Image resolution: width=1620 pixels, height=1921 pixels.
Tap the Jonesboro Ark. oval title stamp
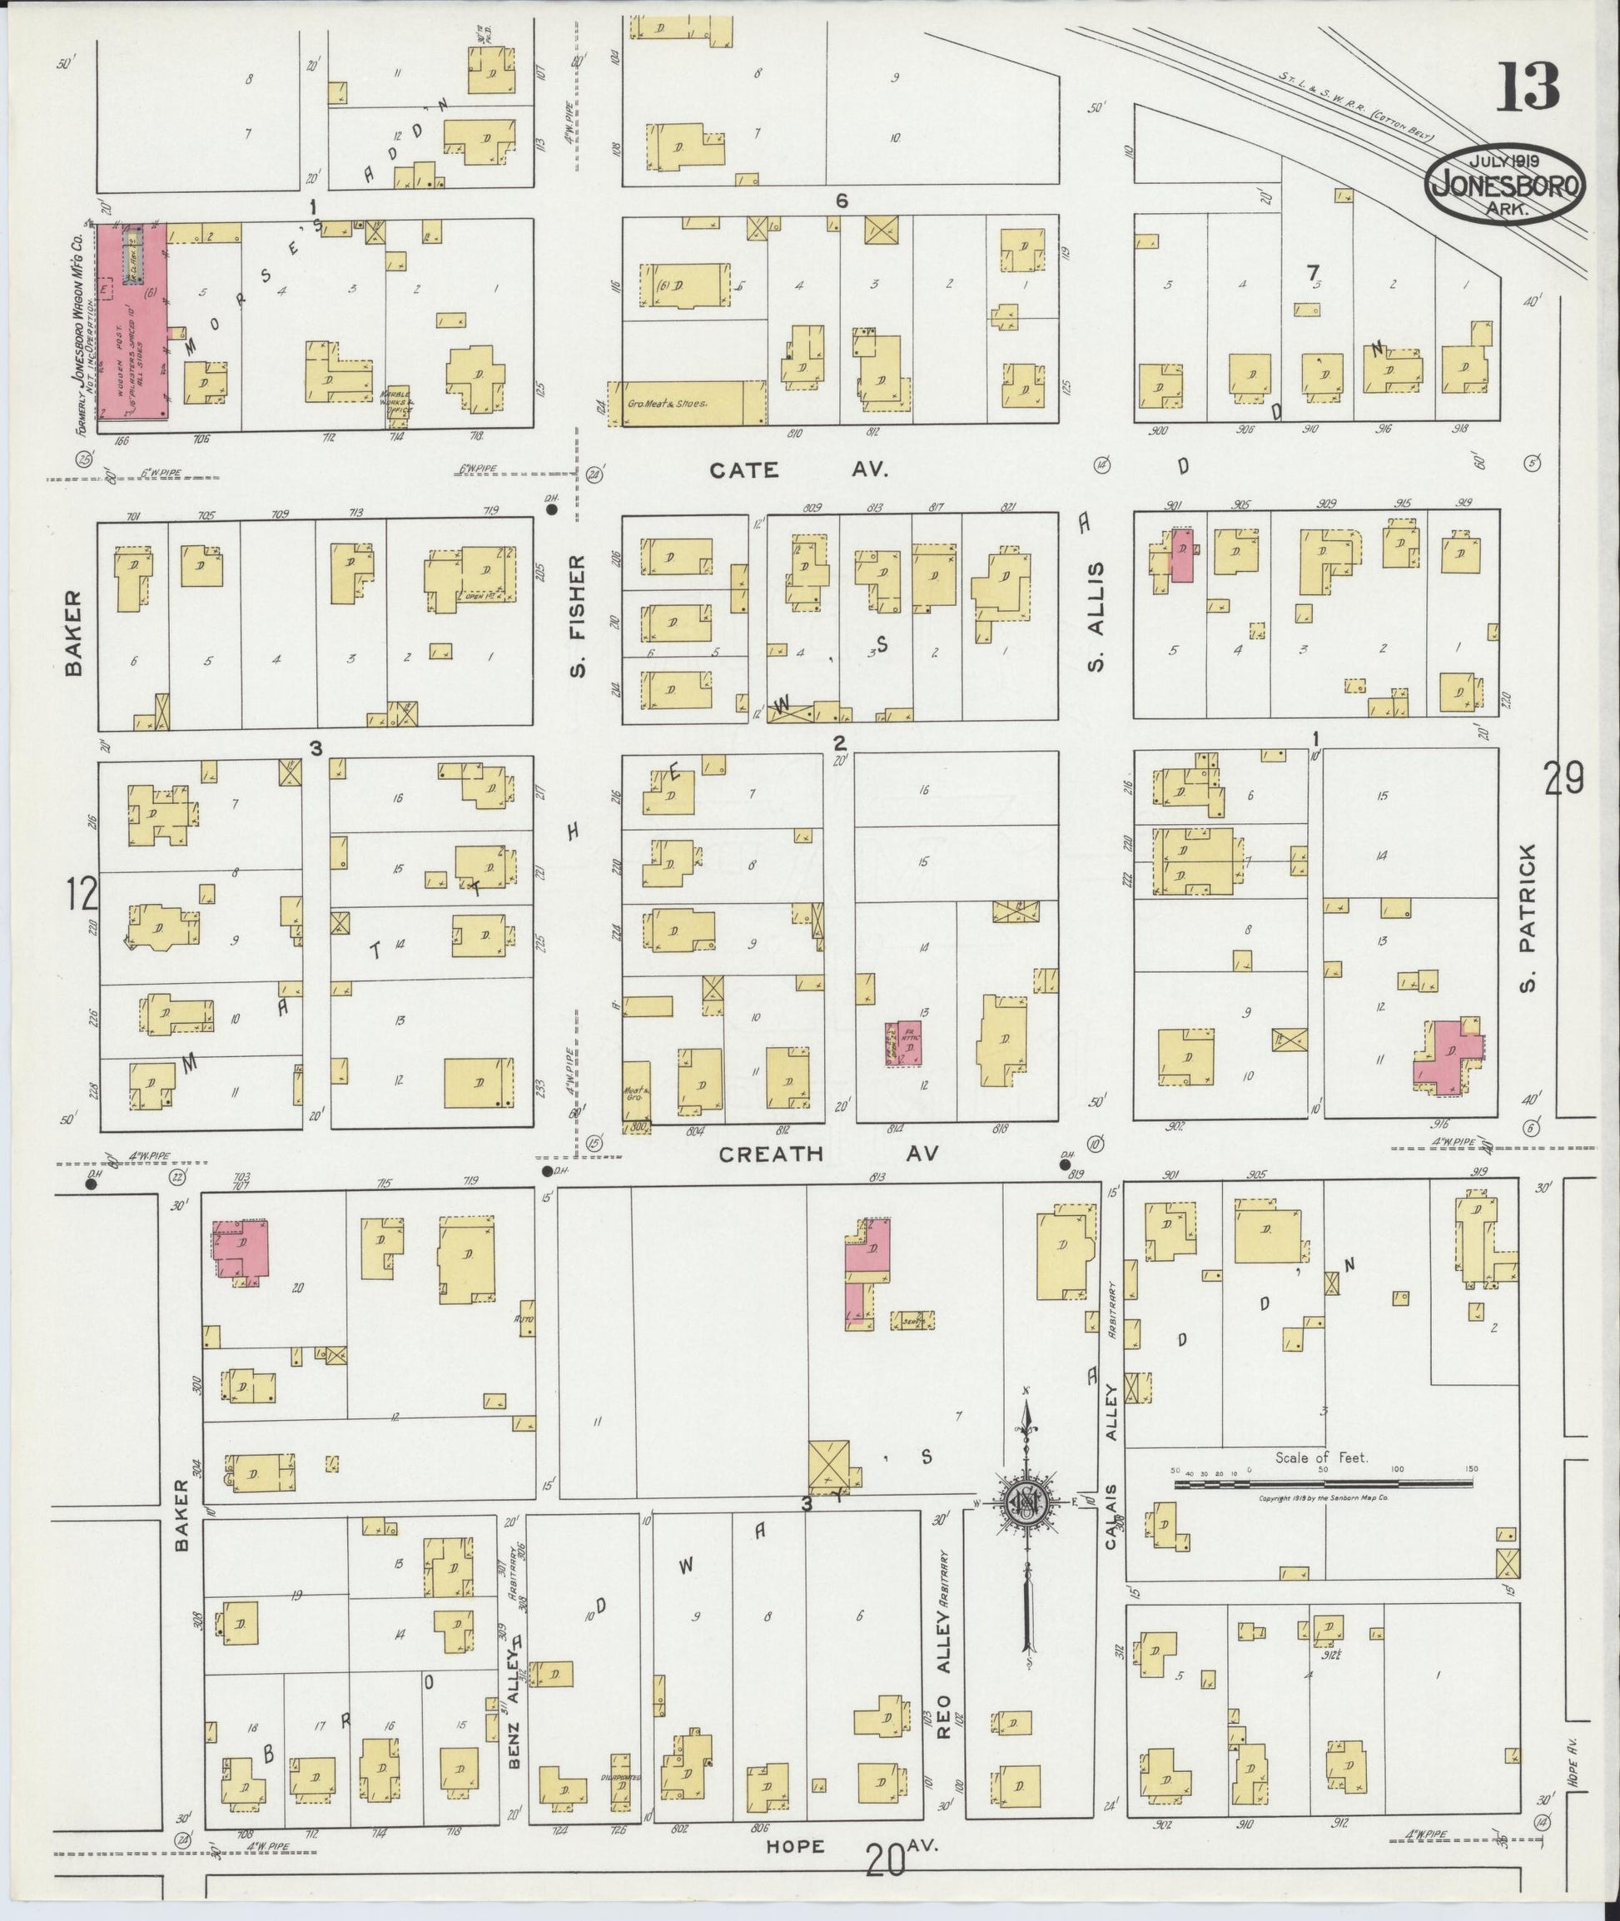(x=1505, y=185)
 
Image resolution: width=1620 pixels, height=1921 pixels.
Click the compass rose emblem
(x=1026, y=1501)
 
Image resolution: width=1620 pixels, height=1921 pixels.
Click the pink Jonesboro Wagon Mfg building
(x=132, y=321)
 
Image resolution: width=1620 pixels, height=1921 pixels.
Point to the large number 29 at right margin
(x=1563, y=780)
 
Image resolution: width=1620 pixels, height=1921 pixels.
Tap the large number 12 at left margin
(x=81, y=892)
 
